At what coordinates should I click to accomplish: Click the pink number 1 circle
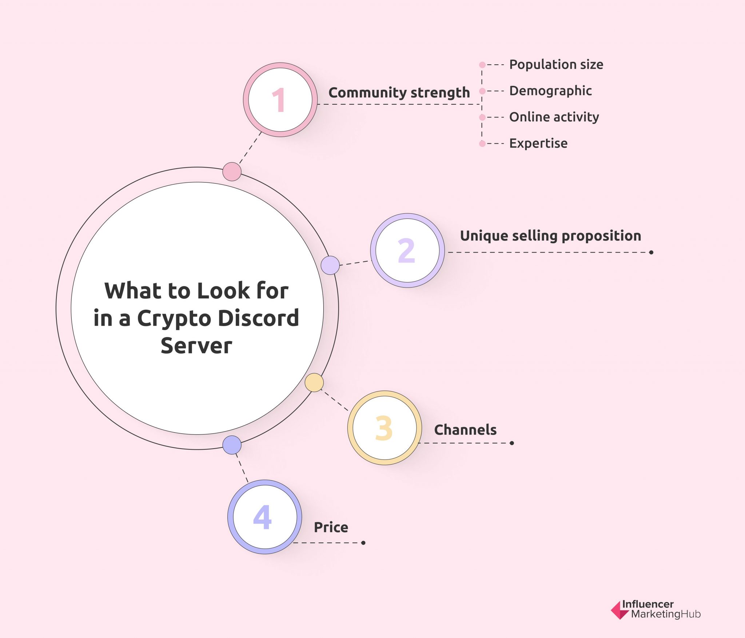280,100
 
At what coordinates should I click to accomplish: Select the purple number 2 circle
407,250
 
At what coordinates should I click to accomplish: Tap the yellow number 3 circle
385,428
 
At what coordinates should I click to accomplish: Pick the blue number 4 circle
265,517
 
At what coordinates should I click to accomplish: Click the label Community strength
399,93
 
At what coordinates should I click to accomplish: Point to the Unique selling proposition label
550,236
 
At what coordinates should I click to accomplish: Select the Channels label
465,430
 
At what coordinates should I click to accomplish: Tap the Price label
331,527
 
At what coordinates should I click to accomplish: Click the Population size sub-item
556,65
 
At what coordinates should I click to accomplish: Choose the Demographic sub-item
550,91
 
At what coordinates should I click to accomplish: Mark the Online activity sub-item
554,117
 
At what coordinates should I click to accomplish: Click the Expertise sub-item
538,143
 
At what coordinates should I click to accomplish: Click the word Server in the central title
196,345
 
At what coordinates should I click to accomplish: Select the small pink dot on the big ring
232,172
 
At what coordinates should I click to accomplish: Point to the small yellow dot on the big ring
314,382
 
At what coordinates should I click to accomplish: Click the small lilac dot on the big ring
330,265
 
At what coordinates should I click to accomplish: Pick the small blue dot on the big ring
232,445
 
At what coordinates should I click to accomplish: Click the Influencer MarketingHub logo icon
620,610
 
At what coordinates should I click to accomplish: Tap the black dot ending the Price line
363,543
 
